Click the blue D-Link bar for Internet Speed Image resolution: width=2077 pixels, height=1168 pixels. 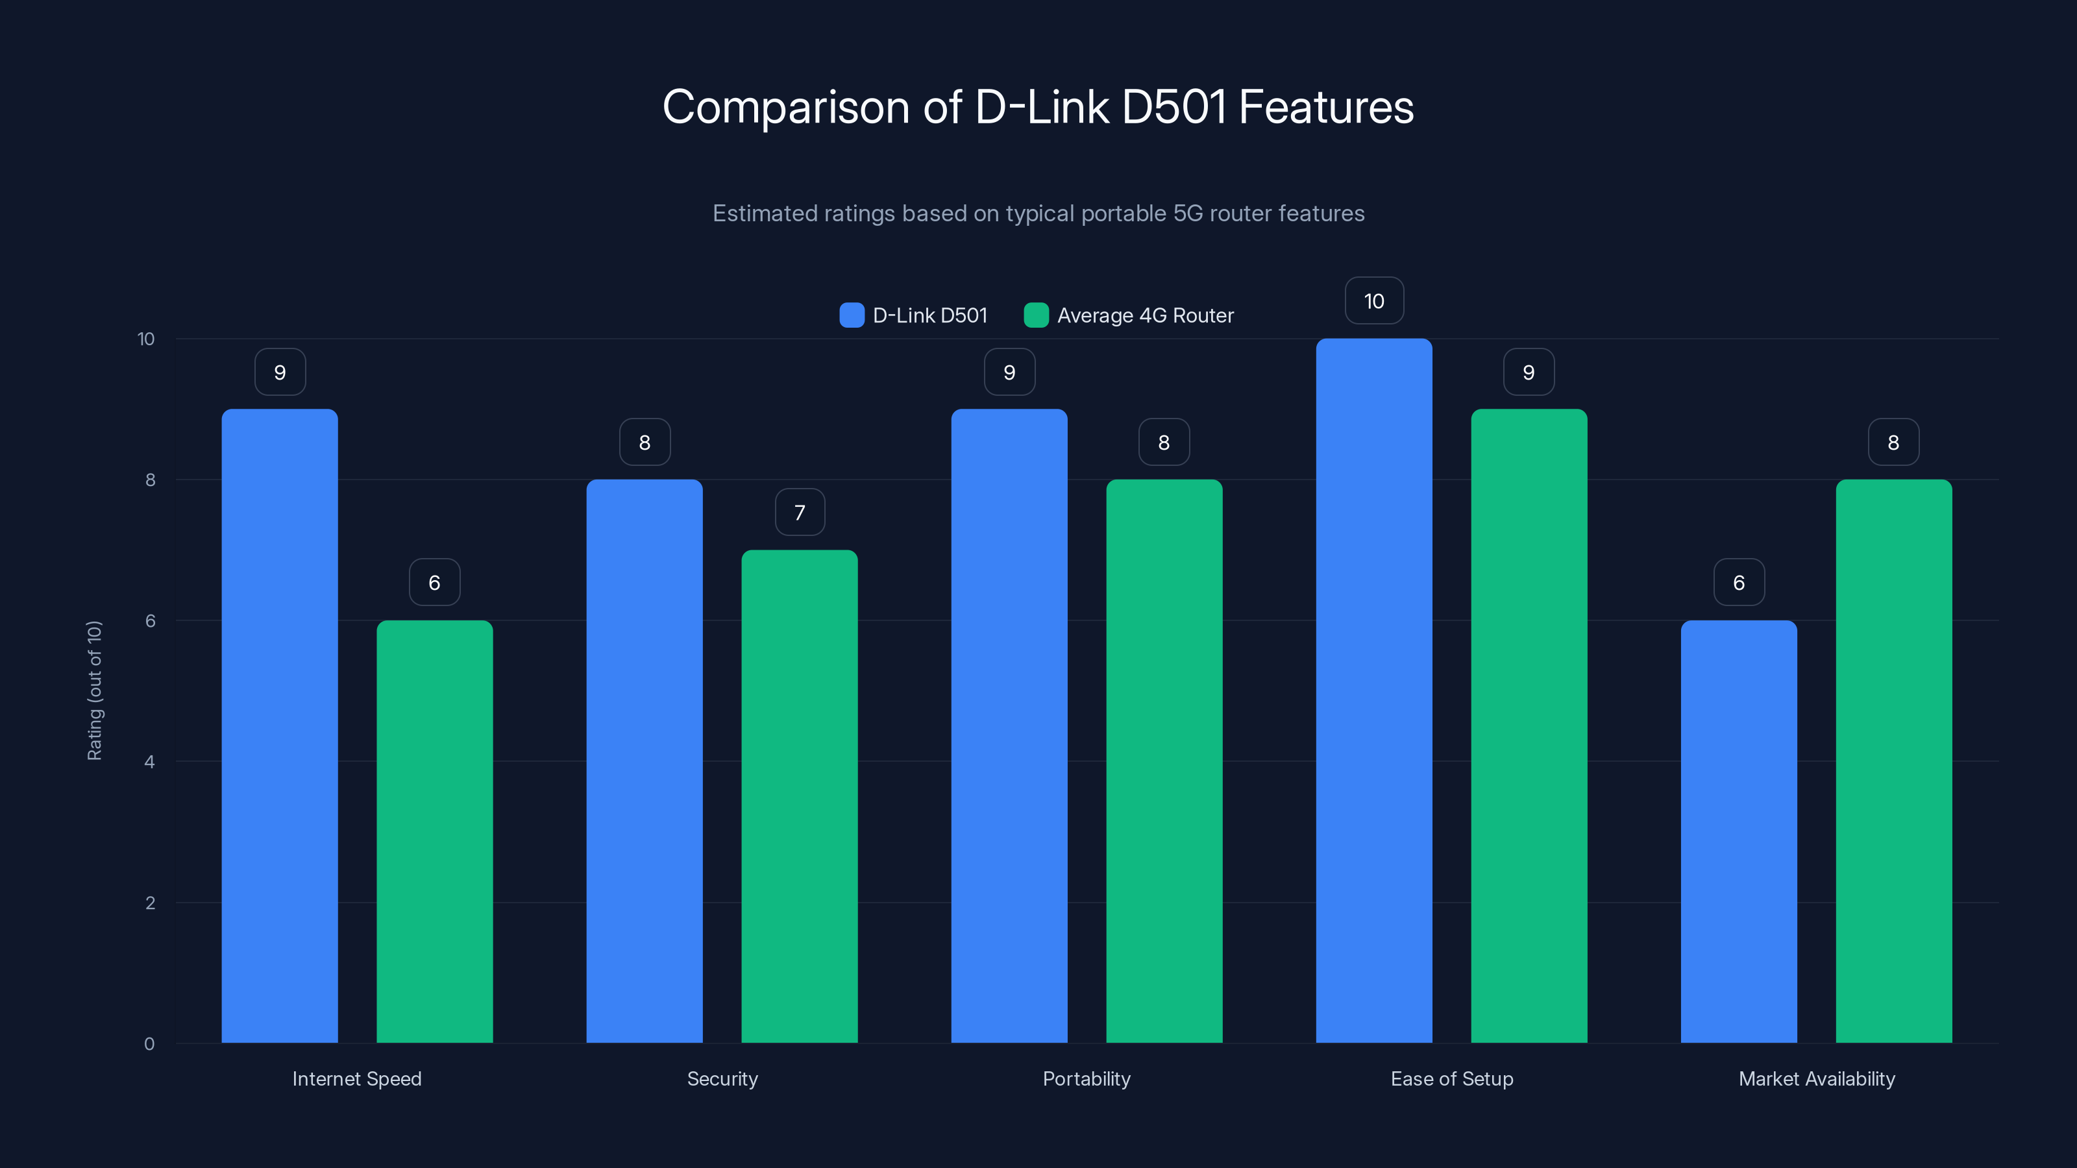(279, 725)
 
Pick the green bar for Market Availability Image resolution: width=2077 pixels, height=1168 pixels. (1893, 761)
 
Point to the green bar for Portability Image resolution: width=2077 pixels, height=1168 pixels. (1164, 761)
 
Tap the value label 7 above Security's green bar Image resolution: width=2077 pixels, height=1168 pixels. (799, 512)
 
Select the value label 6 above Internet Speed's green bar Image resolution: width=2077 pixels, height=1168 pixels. (435, 582)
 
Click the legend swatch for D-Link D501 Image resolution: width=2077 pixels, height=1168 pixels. (852, 315)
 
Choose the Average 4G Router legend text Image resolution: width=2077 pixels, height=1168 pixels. (1145, 315)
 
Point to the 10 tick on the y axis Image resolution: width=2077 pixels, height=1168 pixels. (146, 339)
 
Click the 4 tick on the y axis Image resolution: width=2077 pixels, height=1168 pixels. (149, 762)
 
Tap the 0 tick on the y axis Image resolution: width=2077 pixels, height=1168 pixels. (149, 1044)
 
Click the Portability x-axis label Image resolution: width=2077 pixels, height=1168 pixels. (1086, 1078)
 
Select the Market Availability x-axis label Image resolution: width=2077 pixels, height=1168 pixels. (1816, 1078)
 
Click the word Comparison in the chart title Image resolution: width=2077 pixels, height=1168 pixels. (785, 107)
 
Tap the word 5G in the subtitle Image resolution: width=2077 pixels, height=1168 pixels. (1188, 213)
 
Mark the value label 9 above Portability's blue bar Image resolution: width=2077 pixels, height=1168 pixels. (1009, 372)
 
